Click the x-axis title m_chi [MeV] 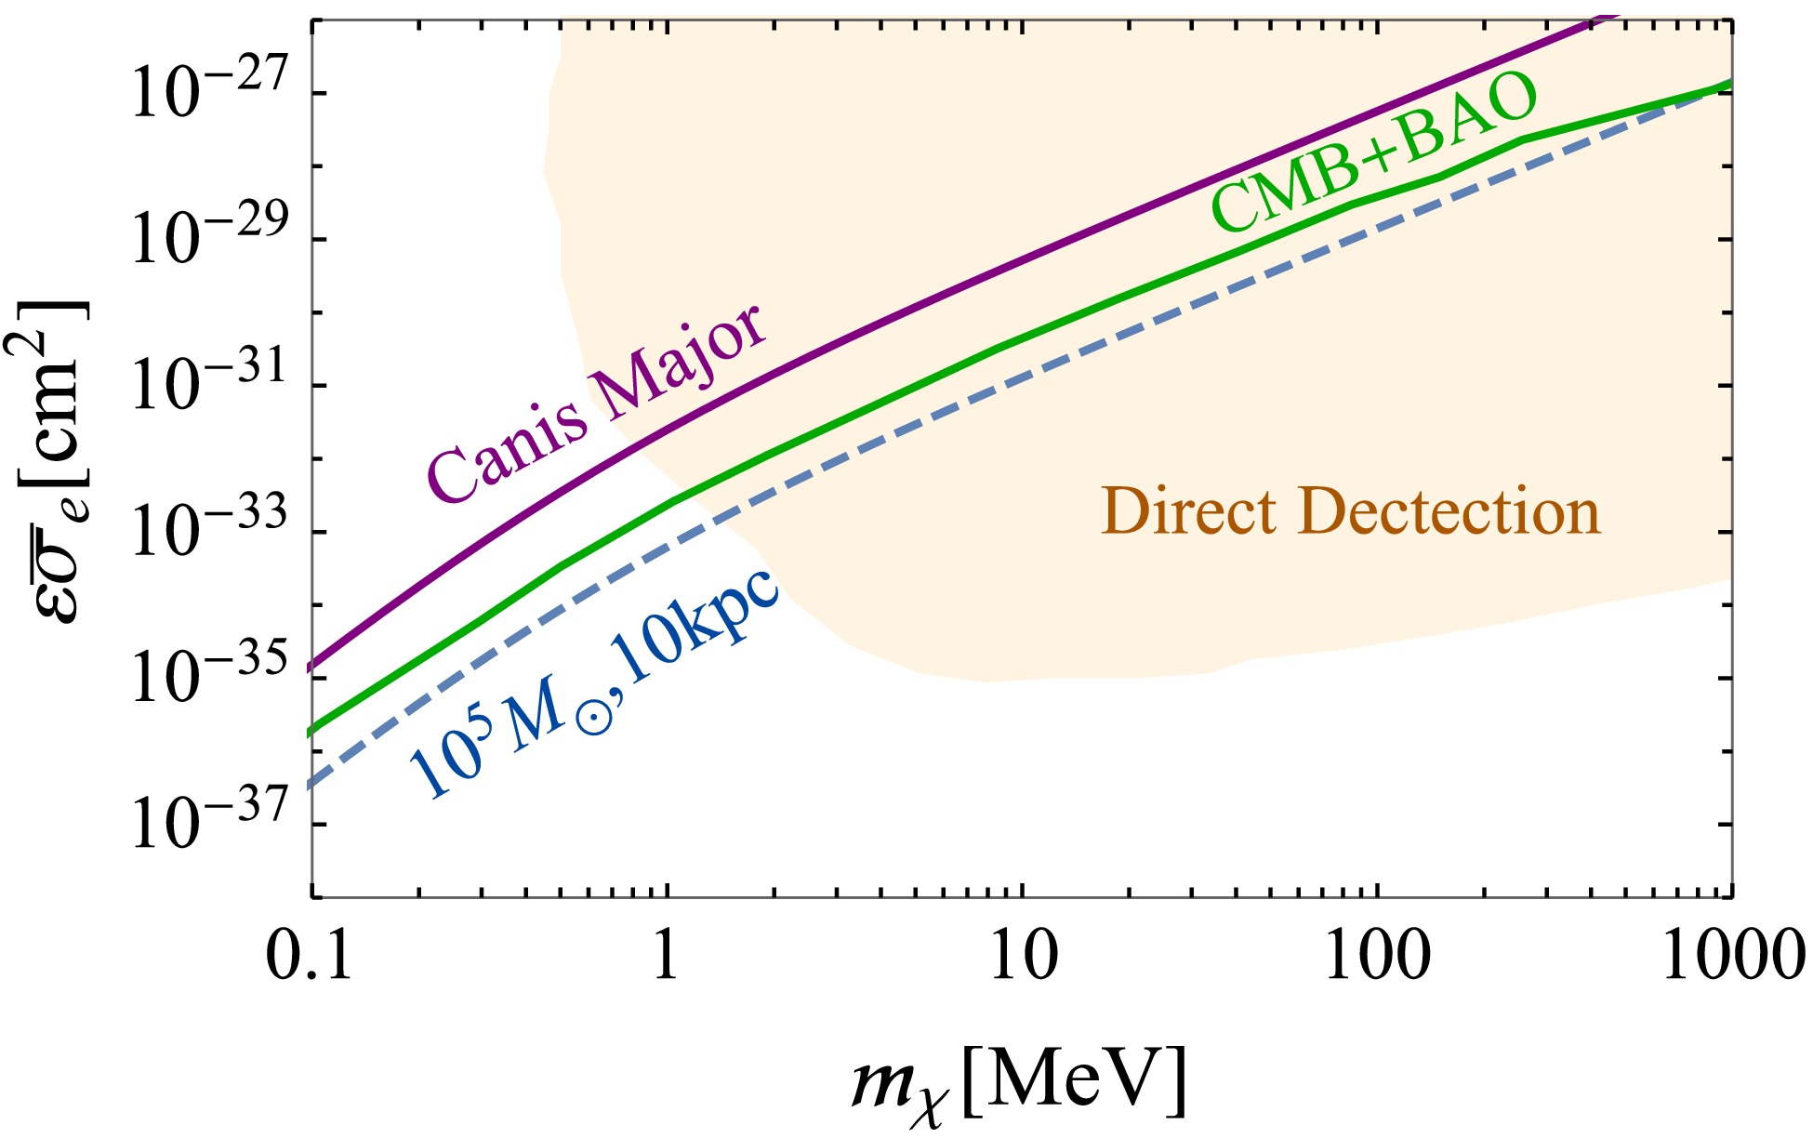coord(1019,1080)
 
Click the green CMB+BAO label coord(1374,152)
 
